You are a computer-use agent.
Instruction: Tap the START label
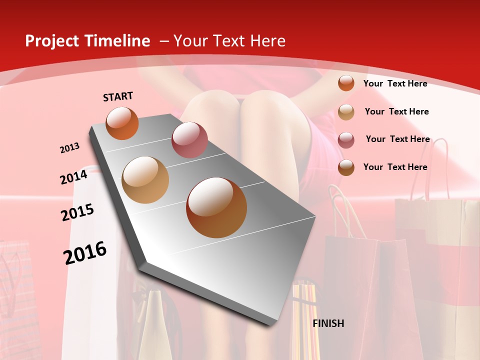click(118, 96)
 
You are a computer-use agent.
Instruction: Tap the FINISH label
click(328, 323)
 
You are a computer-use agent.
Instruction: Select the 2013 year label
click(69, 148)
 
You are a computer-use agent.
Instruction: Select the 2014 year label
click(73, 177)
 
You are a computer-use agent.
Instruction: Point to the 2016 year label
click(85, 252)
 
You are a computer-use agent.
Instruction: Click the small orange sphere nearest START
click(122, 123)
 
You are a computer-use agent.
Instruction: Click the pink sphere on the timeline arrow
click(189, 140)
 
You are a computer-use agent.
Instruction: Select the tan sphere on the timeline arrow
click(145, 180)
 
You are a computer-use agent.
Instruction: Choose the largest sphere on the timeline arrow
click(216, 207)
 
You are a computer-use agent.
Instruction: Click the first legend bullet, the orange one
click(346, 83)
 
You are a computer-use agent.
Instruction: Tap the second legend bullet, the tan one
click(346, 112)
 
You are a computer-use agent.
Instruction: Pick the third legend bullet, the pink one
click(346, 140)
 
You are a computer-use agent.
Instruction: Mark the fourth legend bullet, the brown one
click(346, 167)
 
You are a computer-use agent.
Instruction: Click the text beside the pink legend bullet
click(397, 139)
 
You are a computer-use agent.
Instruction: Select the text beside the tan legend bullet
click(396, 111)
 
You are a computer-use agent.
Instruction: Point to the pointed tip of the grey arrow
click(272, 323)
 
